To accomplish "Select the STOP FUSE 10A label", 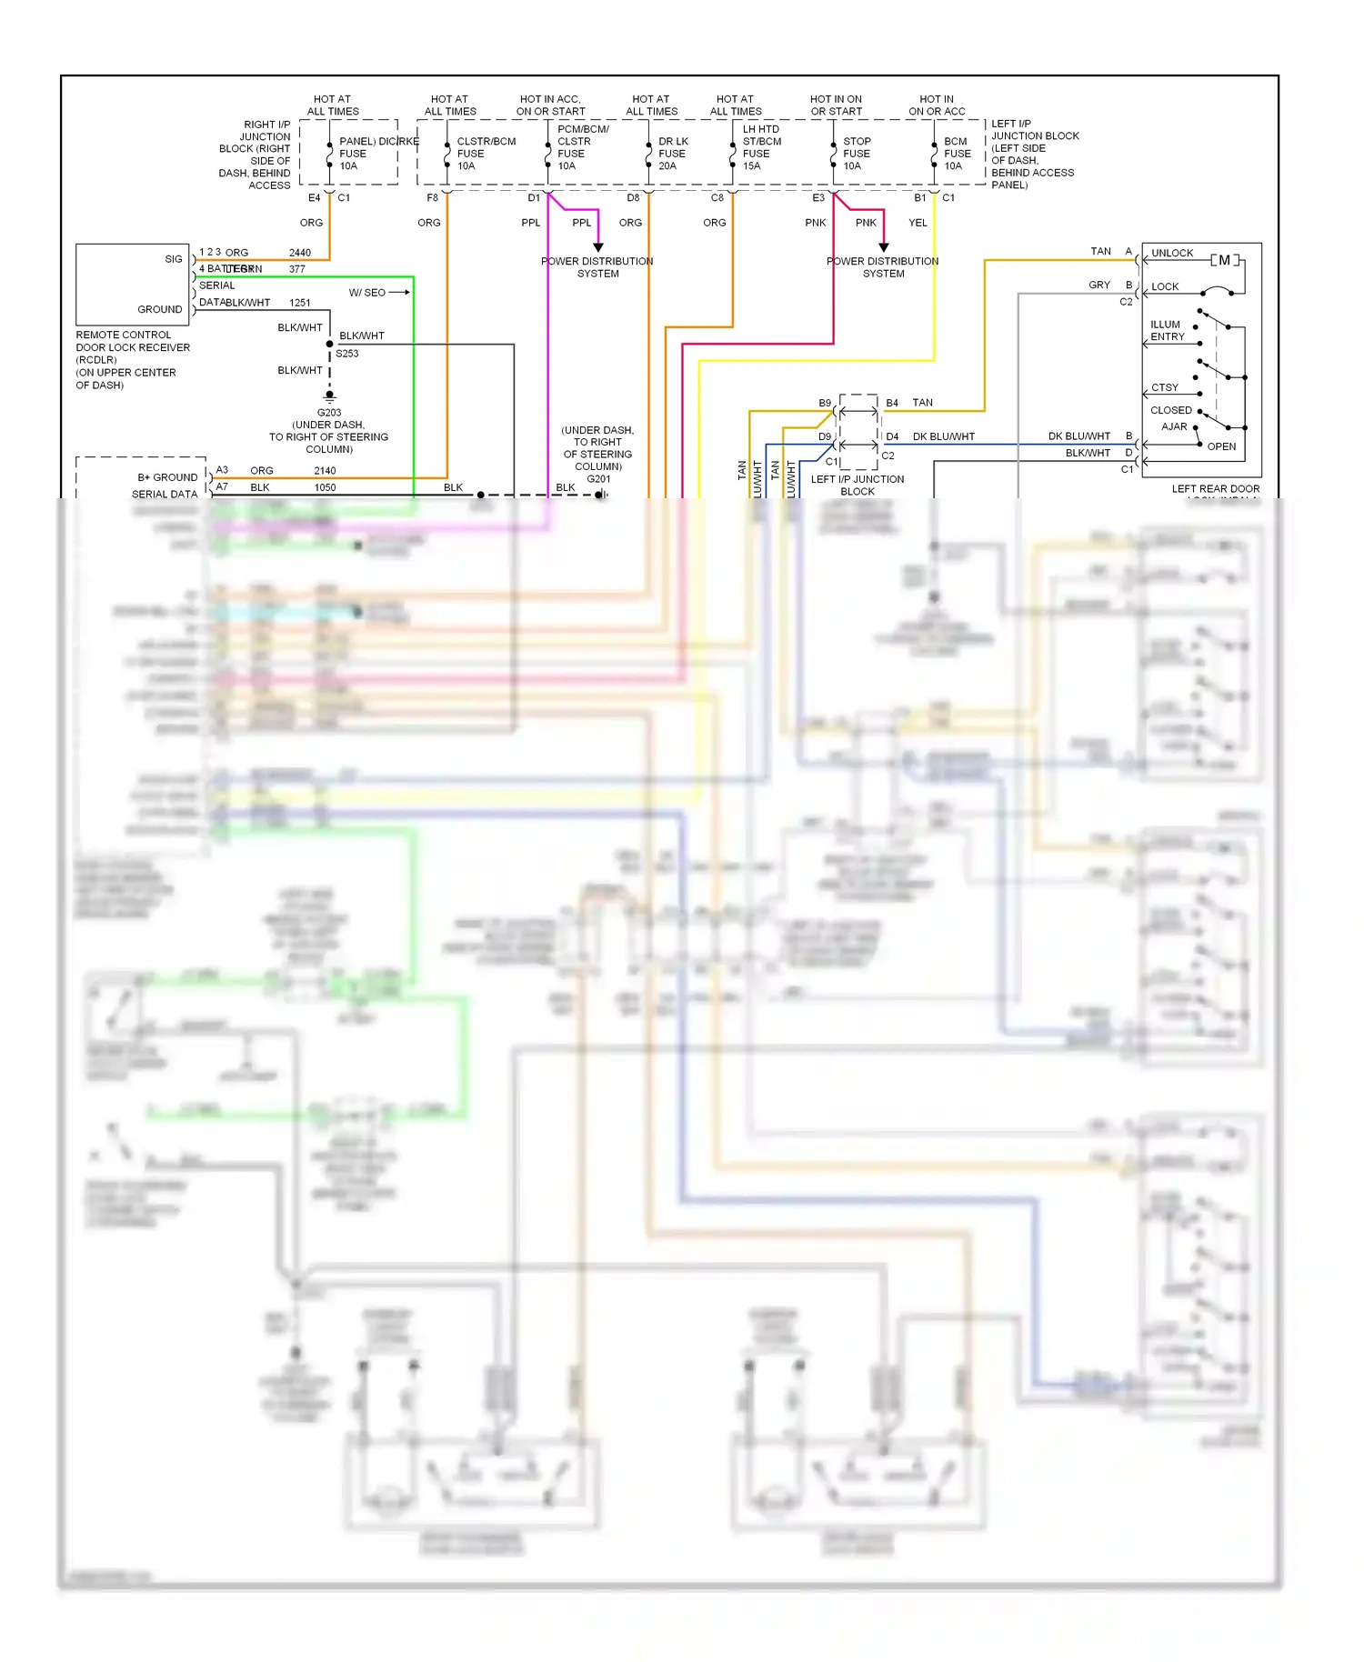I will coord(856,154).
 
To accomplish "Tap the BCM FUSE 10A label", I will coord(956,154).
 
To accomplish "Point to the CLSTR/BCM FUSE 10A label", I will coord(485,154).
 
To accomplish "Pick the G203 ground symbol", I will coord(329,396).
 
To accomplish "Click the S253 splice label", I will coord(347,354).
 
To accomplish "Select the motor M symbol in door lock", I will coord(1224,261).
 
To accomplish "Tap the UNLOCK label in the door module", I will coord(1171,254).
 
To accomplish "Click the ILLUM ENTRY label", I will coord(1167,331).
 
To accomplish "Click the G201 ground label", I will coord(598,479).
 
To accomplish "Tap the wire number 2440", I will coord(299,253).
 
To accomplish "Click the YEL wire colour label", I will coord(918,223).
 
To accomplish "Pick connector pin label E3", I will coord(817,198).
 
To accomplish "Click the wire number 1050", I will coord(325,487).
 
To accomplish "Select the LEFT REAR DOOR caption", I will coord(1215,489).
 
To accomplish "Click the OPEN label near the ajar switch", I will coord(1220,446).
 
